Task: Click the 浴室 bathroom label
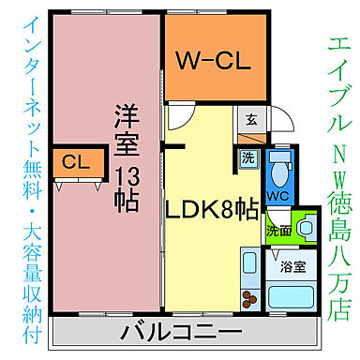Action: pos(293,267)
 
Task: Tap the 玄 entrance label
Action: pos(251,119)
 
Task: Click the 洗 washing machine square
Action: pos(248,158)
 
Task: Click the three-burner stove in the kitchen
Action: pos(250,299)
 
